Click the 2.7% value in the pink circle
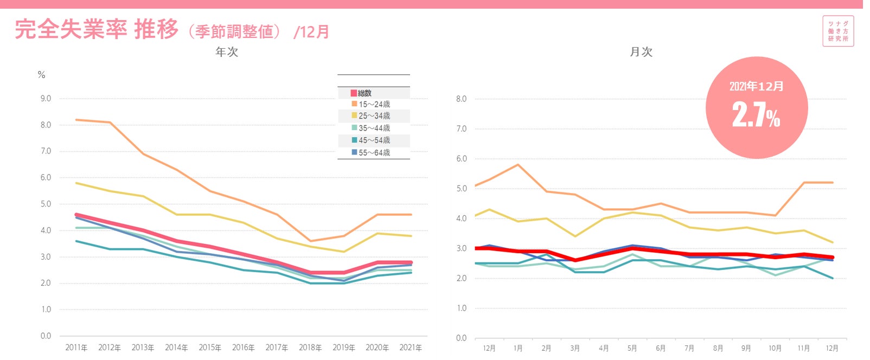click(756, 115)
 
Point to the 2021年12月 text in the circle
click(756, 86)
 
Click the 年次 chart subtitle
click(227, 52)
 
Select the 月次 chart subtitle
click(641, 52)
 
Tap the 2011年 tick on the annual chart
click(76, 348)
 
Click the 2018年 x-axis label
click(310, 348)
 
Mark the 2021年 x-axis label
click(411, 348)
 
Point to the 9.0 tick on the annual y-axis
click(46, 99)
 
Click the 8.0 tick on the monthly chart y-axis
click(461, 99)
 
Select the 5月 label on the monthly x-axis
click(632, 348)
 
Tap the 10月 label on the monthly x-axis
click(775, 348)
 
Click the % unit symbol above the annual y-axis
click(42, 75)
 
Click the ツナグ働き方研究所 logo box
click(838, 31)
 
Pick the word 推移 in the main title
click(156, 29)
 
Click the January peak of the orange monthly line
click(518, 164)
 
